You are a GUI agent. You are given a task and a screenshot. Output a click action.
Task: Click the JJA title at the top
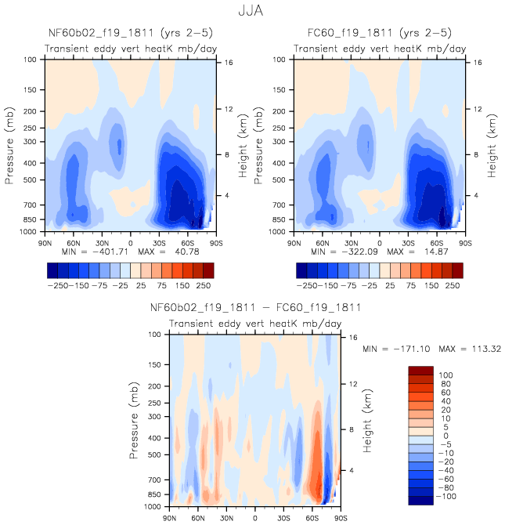click(x=252, y=12)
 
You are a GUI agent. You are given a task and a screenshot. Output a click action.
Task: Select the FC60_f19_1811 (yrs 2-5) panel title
click(x=379, y=33)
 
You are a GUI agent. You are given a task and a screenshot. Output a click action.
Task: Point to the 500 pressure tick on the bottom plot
click(x=154, y=454)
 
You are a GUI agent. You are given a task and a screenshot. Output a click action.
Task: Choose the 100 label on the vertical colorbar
click(x=446, y=375)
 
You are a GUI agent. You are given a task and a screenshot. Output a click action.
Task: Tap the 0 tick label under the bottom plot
click(x=255, y=519)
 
